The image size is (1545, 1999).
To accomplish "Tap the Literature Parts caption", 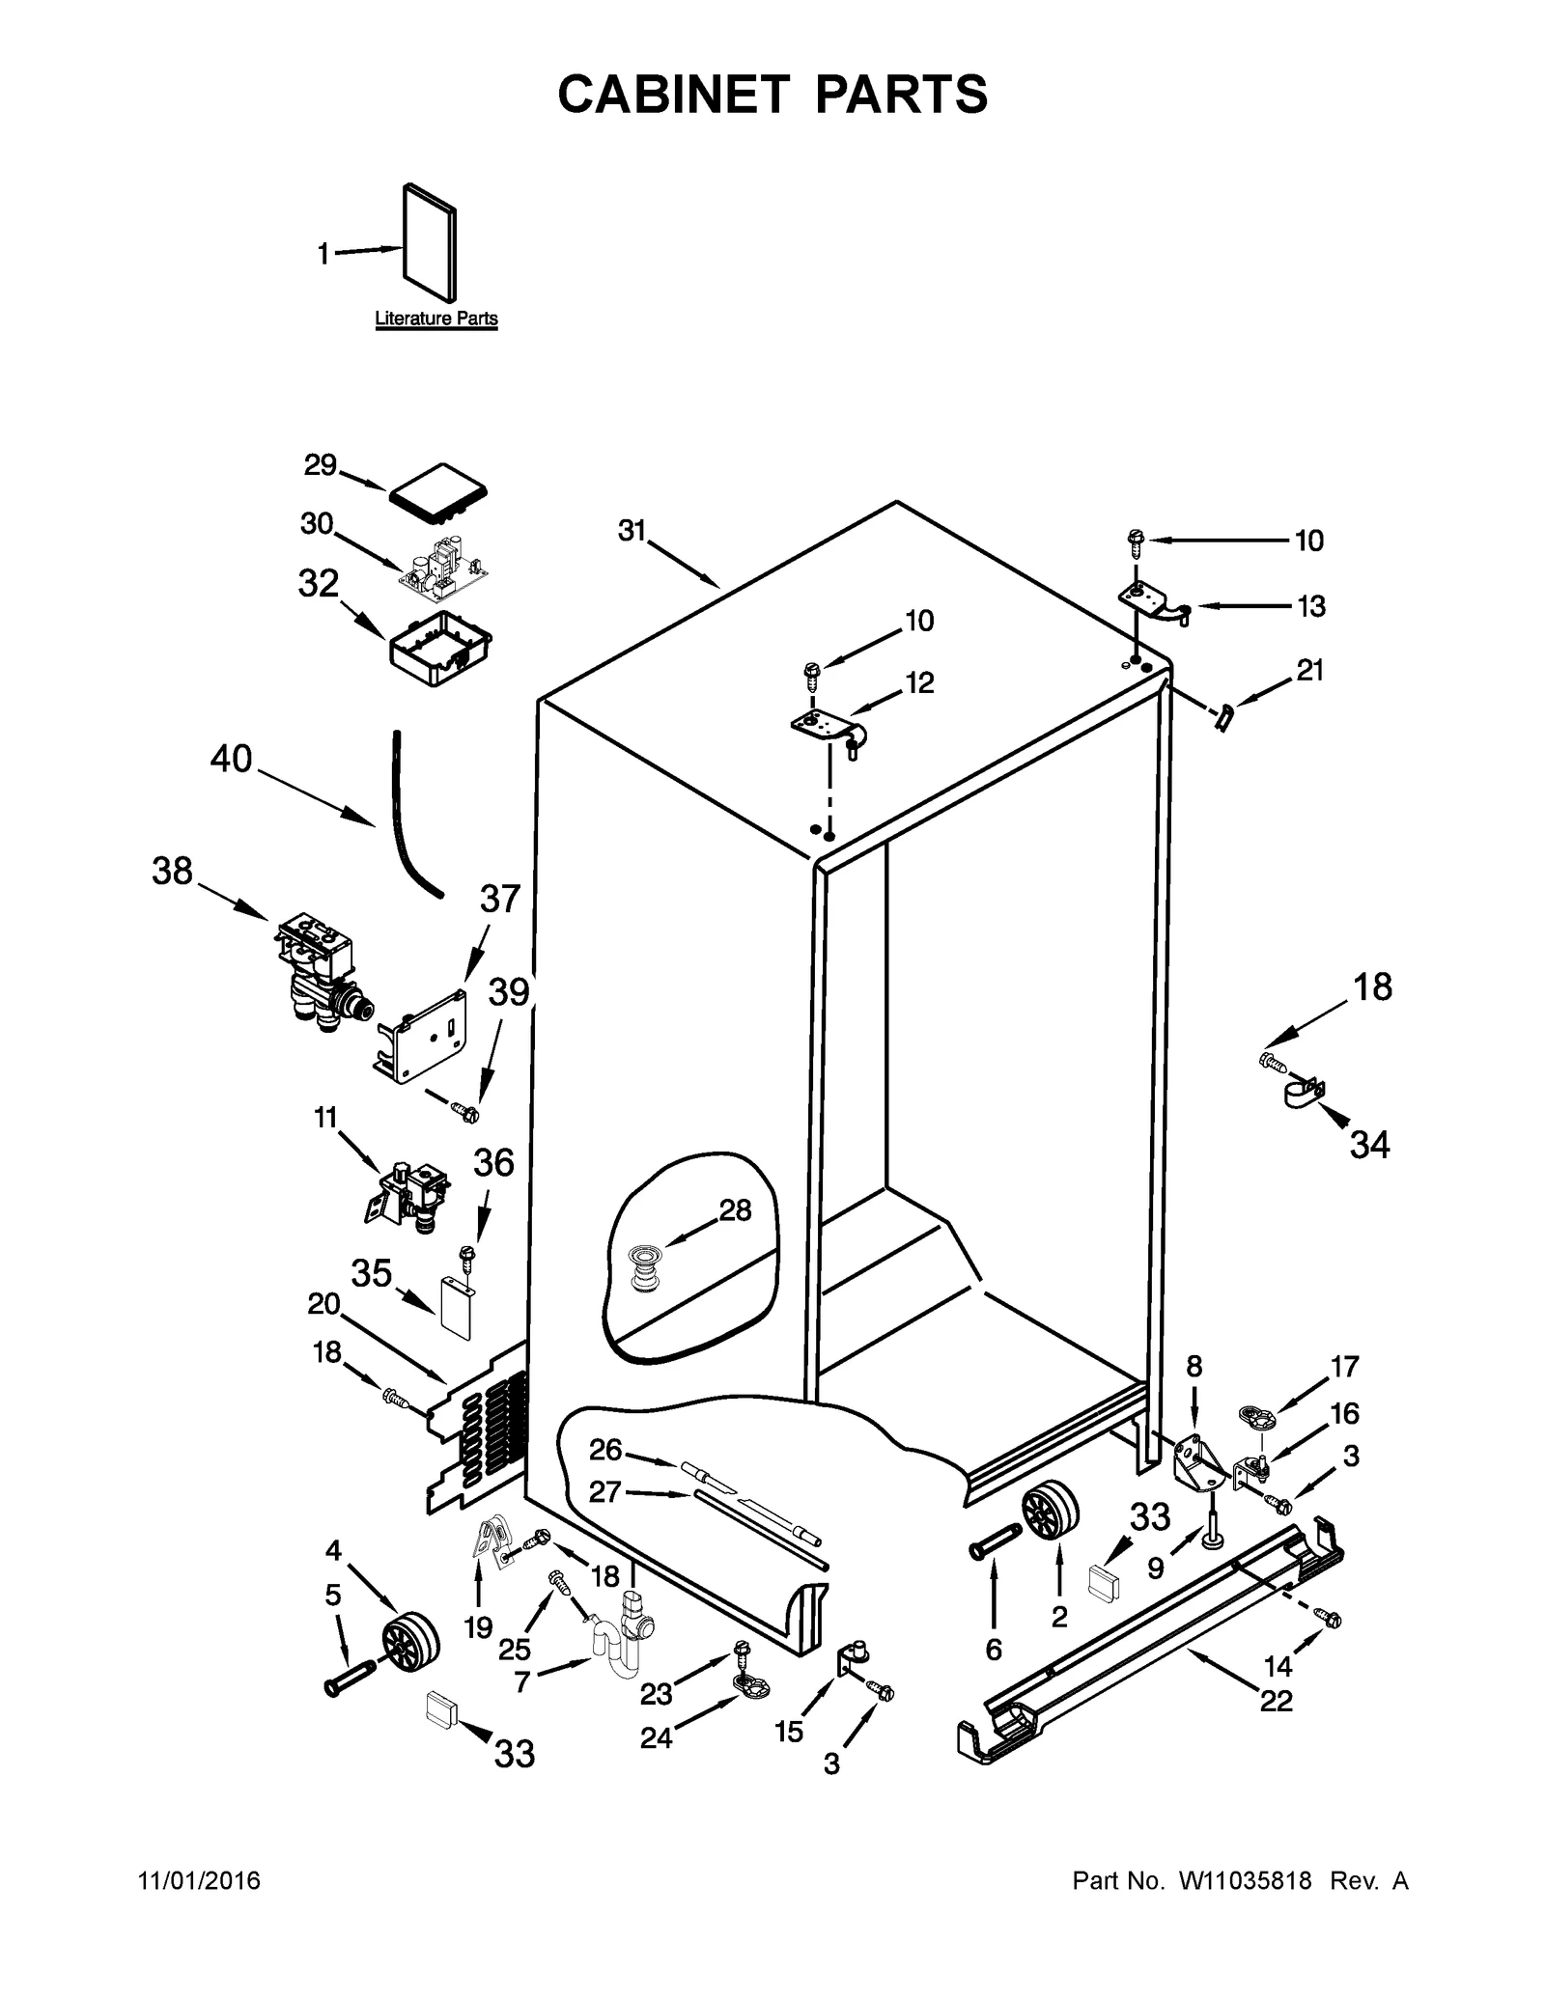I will (435, 319).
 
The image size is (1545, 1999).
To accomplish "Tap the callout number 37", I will (499, 900).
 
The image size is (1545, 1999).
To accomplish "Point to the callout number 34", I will (1369, 1145).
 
